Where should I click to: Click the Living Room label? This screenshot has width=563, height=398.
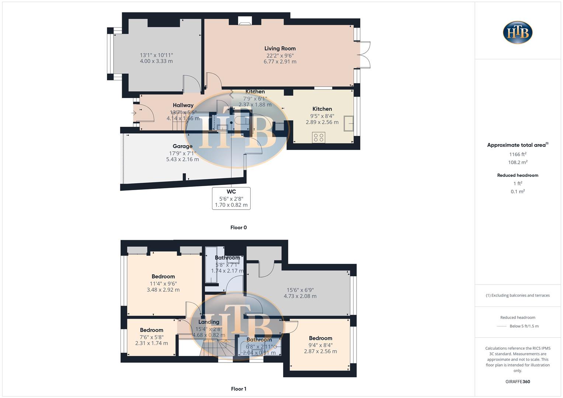click(280, 48)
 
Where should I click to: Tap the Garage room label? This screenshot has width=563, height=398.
click(183, 146)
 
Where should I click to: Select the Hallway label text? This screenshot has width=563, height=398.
click(183, 105)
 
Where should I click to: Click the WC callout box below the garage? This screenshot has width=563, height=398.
click(231, 198)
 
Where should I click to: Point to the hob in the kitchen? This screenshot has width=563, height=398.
click(319, 138)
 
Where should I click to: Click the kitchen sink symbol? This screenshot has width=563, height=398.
click(348, 123)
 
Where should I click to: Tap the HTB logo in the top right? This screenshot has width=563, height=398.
click(518, 32)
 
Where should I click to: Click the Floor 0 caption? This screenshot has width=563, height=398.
click(239, 227)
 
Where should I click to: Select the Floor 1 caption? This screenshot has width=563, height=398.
click(239, 389)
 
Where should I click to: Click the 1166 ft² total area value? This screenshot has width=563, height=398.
click(518, 154)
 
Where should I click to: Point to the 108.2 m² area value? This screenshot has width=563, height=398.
click(518, 163)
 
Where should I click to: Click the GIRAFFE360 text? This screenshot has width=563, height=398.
click(518, 382)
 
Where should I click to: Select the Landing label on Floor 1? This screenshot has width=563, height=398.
click(209, 322)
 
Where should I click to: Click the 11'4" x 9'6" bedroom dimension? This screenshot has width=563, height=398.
click(163, 284)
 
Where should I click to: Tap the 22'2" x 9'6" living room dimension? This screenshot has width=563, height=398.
click(280, 55)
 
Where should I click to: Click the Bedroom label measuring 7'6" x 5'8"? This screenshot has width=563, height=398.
click(152, 330)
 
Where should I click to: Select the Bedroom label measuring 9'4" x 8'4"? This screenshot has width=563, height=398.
click(320, 338)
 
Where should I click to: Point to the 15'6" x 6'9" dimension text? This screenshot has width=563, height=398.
click(300, 290)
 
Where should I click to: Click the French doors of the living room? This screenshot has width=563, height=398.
click(364, 55)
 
